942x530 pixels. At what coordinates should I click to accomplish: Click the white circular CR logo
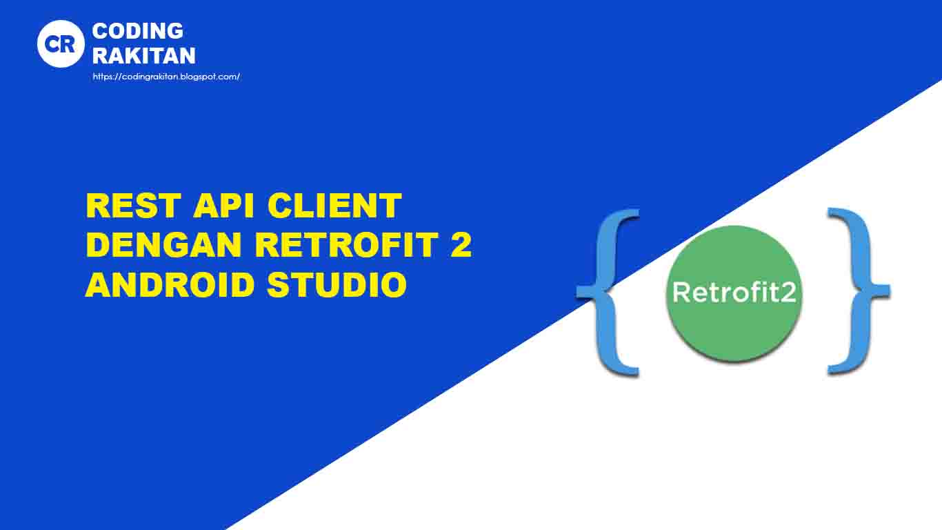pos(61,43)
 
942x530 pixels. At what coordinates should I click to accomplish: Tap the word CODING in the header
pos(138,31)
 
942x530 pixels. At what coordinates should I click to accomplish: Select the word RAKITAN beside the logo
pos(143,55)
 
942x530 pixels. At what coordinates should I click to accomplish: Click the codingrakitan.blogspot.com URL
pos(166,77)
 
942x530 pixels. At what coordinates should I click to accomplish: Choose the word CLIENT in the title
pos(335,206)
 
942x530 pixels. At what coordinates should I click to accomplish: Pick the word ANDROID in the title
pos(170,284)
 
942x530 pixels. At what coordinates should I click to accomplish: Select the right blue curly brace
pos(858,292)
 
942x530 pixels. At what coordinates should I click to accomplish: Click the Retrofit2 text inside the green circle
pos(734,293)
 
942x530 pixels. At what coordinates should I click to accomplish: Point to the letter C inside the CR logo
pos(52,43)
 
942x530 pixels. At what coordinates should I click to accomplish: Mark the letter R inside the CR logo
pos(68,43)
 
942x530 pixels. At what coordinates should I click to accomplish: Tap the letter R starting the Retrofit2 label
pos(681,293)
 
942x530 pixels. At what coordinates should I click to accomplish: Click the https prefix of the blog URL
pos(102,77)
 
